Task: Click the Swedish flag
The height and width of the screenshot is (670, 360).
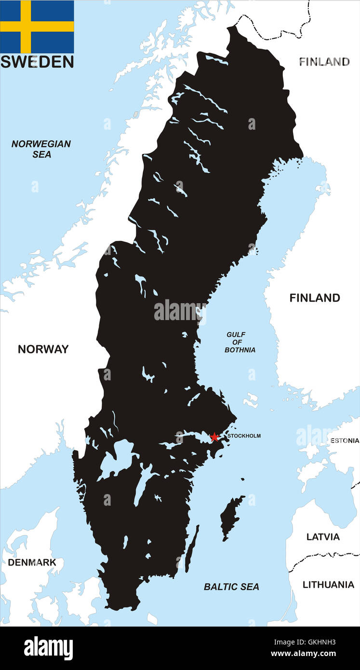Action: (x=37, y=27)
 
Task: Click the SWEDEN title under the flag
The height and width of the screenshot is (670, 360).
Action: (x=37, y=62)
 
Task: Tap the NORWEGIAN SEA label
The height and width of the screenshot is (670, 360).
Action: (x=41, y=149)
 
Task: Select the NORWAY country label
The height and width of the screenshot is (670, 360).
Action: (x=43, y=349)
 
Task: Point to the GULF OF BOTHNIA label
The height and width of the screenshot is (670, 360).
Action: (x=240, y=342)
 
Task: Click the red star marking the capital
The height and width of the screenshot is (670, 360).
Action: (x=214, y=437)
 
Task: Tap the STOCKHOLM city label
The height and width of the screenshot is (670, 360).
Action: (x=244, y=436)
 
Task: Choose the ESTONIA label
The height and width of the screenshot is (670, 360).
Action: (x=344, y=441)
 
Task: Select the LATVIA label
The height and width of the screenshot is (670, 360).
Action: (x=323, y=537)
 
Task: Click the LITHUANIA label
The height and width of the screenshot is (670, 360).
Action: (x=328, y=585)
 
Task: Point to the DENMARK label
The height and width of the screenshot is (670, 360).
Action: (x=32, y=563)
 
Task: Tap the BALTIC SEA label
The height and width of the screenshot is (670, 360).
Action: (x=231, y=587)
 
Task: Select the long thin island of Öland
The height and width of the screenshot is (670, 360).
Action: (x=191, y=549)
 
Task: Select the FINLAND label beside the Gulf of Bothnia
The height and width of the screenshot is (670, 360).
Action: (x=314, y=298)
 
